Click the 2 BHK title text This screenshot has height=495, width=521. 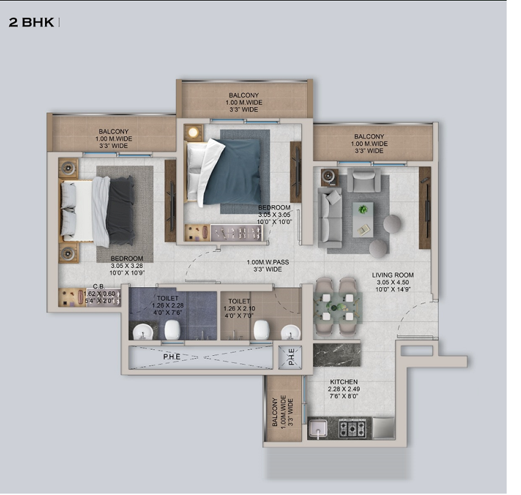click(31, 22)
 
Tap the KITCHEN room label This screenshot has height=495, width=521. click(343, 382)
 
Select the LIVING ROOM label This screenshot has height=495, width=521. click(393, 275)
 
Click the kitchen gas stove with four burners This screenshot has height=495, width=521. click(352, 428)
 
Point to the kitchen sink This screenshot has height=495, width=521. click(318, 428)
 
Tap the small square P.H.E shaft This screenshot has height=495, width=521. click(290, 357)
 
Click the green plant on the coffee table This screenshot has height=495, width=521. click(363, 209)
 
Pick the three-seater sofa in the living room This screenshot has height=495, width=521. click(330, 216)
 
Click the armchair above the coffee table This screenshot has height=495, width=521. click(364, 181)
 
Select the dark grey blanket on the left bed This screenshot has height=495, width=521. click(120, 210)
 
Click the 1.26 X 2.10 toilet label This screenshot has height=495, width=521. click(239, 308)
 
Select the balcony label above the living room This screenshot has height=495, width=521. click(369, 143)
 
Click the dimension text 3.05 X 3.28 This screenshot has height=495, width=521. click(128, 266)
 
